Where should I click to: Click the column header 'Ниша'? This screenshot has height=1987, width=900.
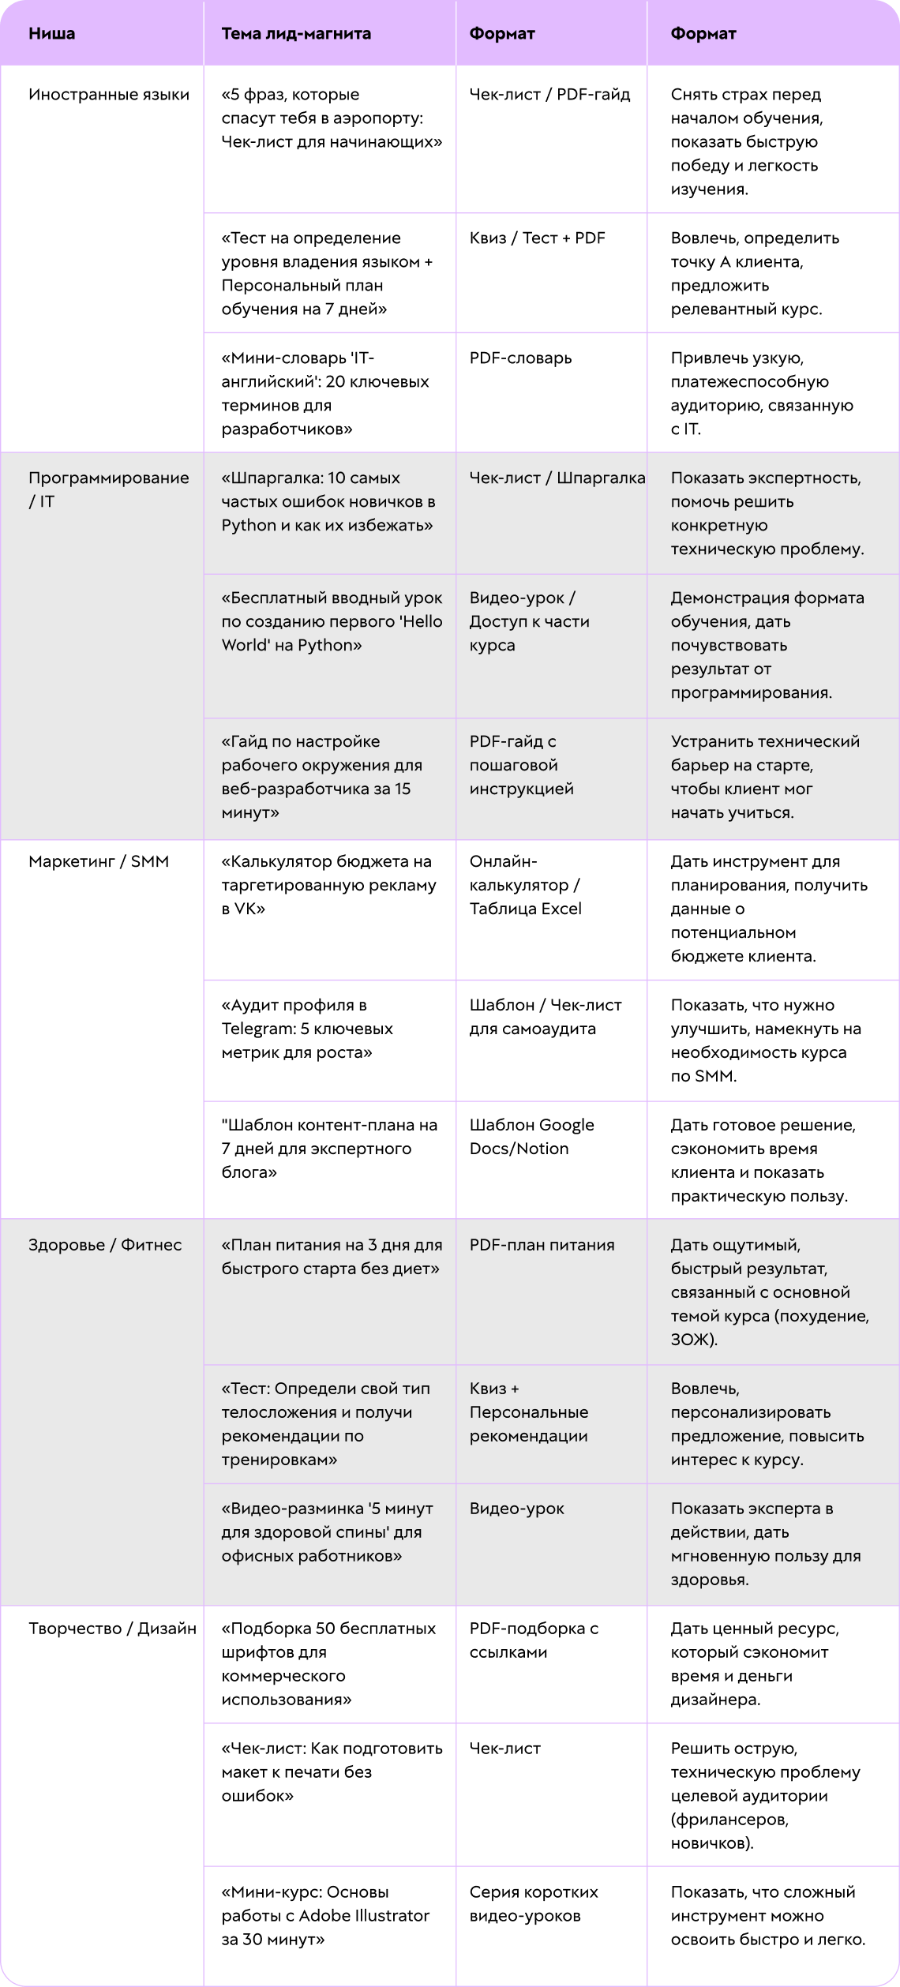(x=52, y=34)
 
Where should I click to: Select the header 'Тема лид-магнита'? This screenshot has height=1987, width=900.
(x=296, y=34)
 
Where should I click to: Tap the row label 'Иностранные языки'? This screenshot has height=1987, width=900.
(x=109, y=95)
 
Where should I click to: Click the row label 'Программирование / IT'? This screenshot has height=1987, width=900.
(x=109, y=489)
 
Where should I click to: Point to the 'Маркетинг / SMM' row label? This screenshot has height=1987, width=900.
(x=99, y=861)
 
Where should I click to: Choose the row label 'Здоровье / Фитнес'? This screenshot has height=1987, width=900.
(x=105, y=1245)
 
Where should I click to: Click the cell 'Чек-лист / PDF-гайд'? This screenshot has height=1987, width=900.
(x=549, y=95)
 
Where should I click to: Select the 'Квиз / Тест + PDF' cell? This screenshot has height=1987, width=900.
(x=537, y=238)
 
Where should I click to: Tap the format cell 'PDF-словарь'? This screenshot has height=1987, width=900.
(x=520, y=358)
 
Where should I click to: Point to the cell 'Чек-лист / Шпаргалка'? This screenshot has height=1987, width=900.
(x=557, y=478)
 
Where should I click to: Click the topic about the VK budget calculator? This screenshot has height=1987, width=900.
(x=328, y=885)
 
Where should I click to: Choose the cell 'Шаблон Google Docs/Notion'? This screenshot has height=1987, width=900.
(x=531, y=1137)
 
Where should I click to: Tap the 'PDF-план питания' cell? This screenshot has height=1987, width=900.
(x=542, y=1245)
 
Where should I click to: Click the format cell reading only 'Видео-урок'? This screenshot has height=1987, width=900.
(x=517, y=1509)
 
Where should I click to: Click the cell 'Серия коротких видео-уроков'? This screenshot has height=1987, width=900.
(x=534, y=1904)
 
